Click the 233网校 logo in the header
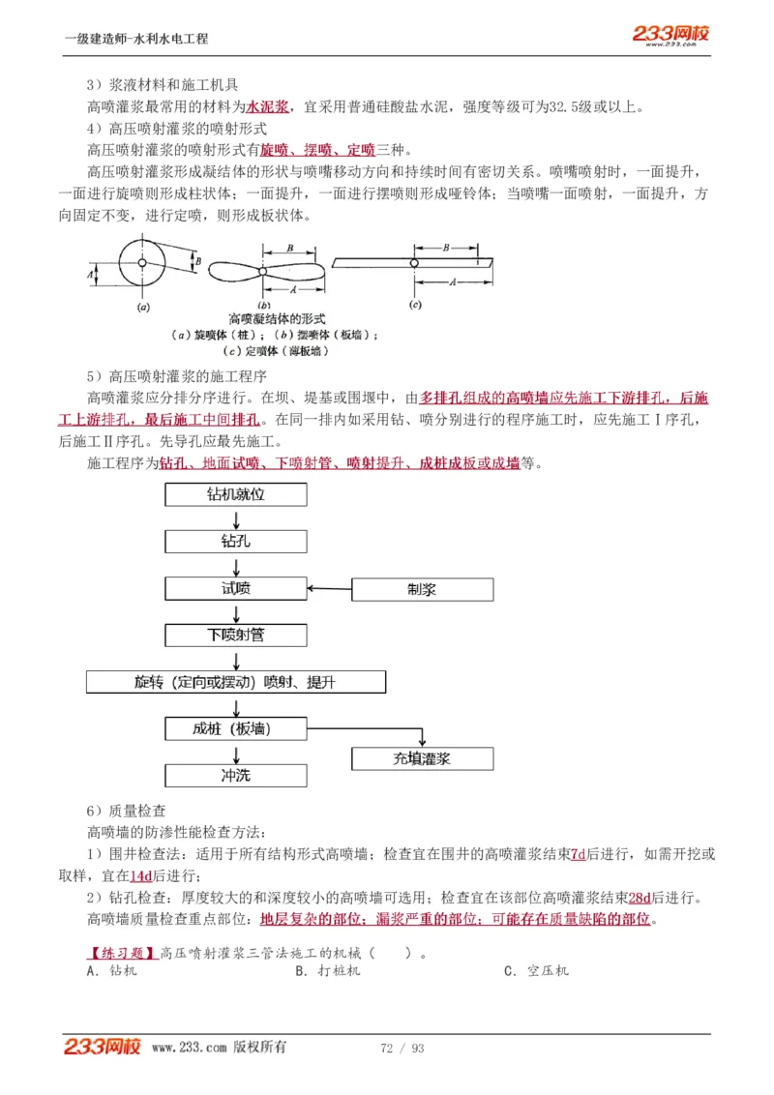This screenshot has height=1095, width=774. click(671, 35)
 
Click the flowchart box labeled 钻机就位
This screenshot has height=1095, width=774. click(235, 494)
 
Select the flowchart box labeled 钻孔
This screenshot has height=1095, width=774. click(235, 541)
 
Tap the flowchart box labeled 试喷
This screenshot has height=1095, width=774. click(235, 588)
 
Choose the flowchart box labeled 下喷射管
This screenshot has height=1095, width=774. click(235, 635)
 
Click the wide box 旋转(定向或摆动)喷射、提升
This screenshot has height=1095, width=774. click(235, 682)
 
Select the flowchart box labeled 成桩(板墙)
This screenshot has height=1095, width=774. click(235, 728)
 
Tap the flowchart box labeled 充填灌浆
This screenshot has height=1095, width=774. click(422, 758)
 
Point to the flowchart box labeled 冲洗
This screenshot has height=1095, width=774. click(235, 775)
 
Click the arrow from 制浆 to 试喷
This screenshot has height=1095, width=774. click(329, 588)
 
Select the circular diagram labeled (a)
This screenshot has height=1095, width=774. click(142, 262)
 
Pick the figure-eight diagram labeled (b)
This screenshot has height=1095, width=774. click(263, 272)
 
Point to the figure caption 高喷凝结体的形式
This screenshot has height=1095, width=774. click(277, 318)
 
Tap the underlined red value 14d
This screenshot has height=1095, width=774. click(141, 875)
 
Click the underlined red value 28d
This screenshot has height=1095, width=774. click(640, 898)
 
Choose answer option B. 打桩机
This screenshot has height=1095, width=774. click(328, 970)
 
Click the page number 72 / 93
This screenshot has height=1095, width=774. click(402, 1049)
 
